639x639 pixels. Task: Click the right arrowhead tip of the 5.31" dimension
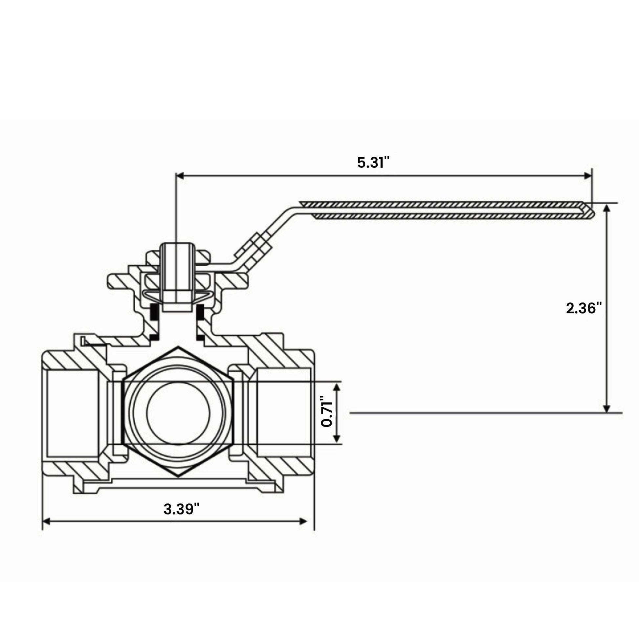592,176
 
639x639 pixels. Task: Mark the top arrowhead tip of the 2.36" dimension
606,204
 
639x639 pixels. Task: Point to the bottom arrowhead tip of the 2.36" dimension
606,412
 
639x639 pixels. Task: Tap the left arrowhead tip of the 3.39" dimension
43,521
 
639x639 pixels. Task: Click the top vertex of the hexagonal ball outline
178,347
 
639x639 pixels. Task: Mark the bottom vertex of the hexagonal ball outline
178,476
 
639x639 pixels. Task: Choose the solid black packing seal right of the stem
200,312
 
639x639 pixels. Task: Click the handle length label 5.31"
373,163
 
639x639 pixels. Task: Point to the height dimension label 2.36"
584,308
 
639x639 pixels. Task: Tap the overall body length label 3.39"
182,509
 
